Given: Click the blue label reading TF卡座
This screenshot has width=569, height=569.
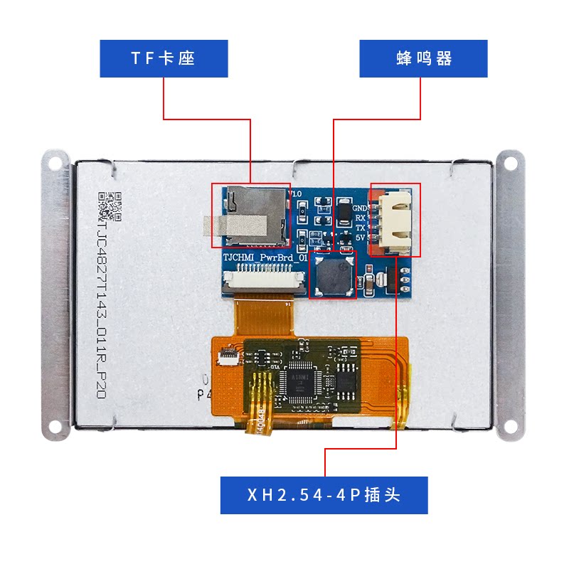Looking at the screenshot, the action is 164,58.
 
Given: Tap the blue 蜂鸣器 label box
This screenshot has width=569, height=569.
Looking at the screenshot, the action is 423,58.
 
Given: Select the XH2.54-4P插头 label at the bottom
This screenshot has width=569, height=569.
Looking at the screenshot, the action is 324,495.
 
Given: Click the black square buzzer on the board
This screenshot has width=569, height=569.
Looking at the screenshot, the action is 333,275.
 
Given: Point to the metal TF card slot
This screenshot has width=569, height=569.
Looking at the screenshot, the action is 252,211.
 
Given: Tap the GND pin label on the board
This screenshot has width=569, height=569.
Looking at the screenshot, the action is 360,208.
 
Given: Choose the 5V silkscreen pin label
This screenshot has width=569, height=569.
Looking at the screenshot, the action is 360,238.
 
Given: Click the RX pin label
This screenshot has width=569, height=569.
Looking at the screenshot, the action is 360,218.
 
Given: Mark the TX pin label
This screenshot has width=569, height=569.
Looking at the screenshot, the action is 360,228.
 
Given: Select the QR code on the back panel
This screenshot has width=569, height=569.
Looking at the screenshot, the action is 110,206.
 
